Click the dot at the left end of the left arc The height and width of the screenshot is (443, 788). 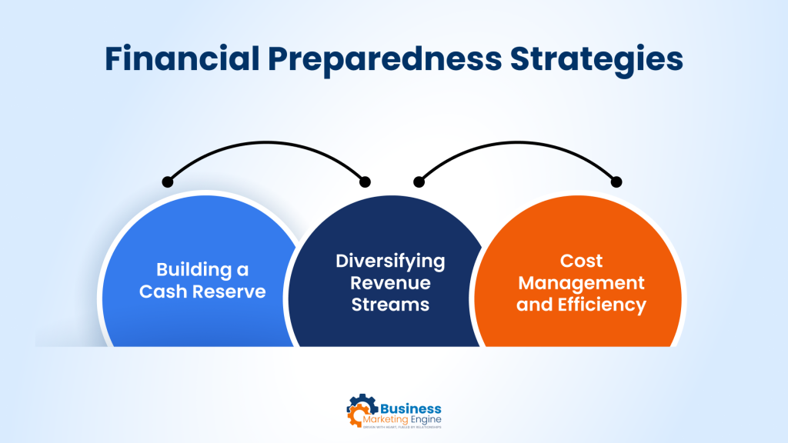(x=167, y=182)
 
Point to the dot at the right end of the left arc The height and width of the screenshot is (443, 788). (x=365, y=182)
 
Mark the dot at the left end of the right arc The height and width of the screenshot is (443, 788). (x=419, y=182)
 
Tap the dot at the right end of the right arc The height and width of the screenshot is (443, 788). (x=616, y=182)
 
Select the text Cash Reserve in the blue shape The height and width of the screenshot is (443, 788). (x=202, y=292)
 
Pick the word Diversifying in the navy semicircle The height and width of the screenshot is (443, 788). (x=390, y=261)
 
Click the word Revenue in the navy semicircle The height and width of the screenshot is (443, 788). (x=390, y=282)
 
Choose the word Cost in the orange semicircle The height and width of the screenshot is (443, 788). (x=581, y=261)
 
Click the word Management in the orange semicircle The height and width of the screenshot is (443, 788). (x=581, y=283)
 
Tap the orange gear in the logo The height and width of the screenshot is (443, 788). (x=355, y=416)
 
